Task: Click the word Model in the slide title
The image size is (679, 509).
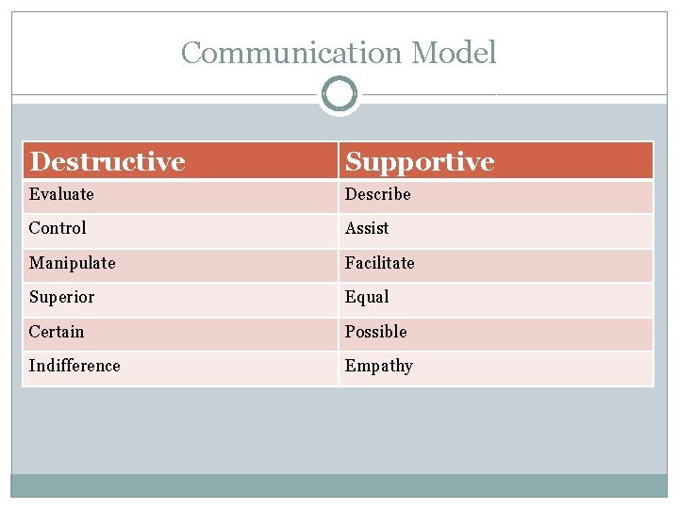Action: coord(454,53)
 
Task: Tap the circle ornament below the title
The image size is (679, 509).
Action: coord(339,94)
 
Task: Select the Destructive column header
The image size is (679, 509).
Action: coord(107,161)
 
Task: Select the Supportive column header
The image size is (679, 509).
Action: coord(420,161)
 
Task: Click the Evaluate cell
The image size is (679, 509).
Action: coord(61,194)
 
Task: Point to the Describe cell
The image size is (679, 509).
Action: coord(378,194)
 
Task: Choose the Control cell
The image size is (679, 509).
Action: coord(58,228)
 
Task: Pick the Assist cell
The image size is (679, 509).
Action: coord(367,228)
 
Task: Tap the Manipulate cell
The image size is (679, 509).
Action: coord(72,263)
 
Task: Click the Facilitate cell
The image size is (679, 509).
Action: coord(380,263)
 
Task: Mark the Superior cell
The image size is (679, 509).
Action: coord(61,297)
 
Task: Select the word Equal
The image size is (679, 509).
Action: coord(367,297)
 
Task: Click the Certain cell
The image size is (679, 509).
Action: coord(57,332)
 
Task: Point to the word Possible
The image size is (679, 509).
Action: coord(376,332)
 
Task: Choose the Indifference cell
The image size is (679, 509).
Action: coord(75,366)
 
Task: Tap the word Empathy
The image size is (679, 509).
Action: coord(379,366)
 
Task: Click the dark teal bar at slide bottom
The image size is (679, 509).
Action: coord(339,485)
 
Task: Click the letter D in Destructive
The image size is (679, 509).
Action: coord(40,161)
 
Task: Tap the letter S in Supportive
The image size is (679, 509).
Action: coord(354,161)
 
